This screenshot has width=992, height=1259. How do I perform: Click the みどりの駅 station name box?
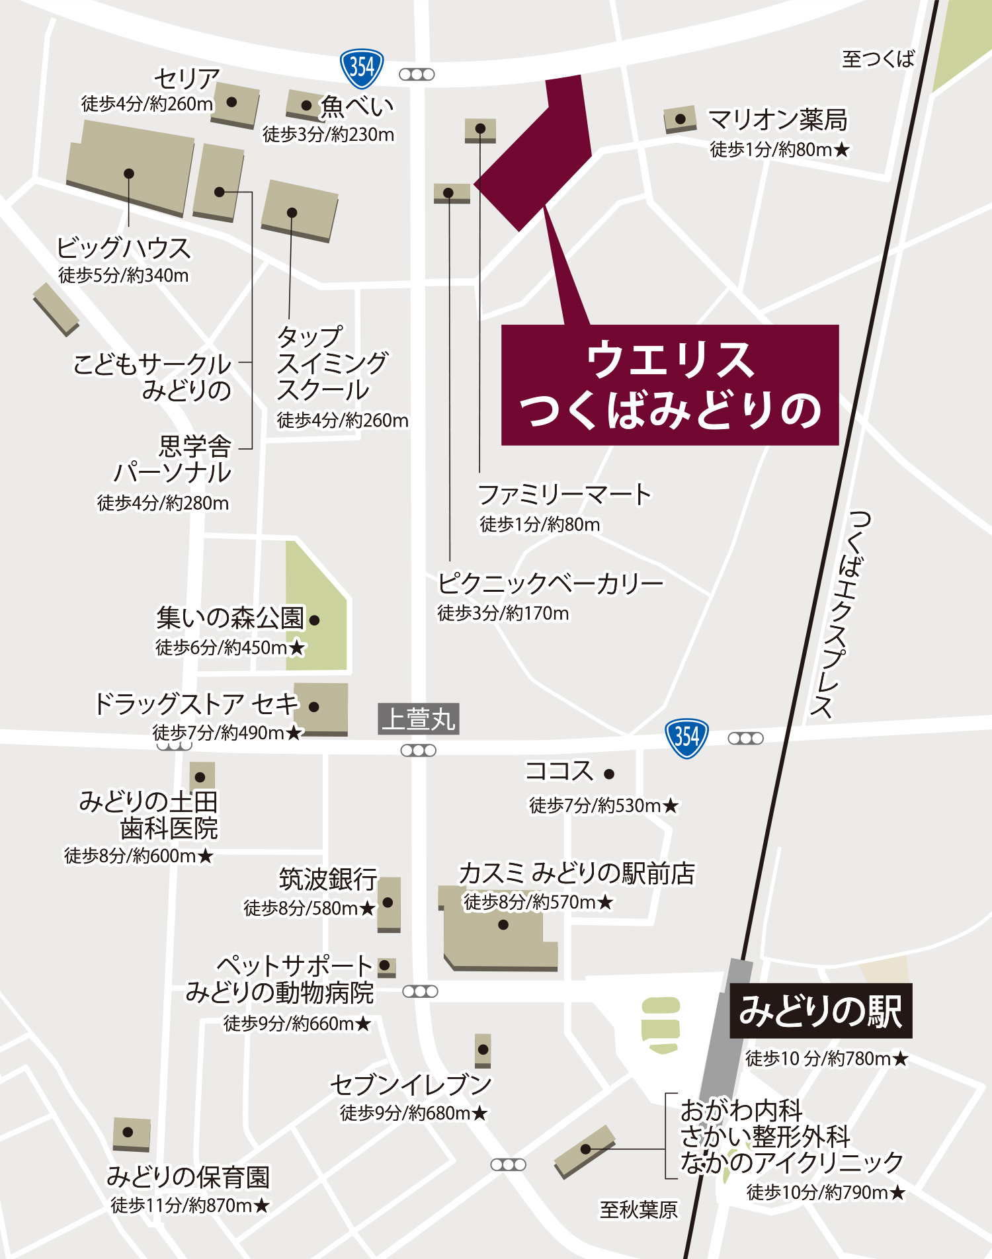[821, 1011]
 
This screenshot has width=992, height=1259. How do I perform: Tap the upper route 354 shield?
[361, 67]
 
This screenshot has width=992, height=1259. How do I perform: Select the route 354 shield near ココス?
[686, 737]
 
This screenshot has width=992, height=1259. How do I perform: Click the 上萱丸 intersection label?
[419, 719]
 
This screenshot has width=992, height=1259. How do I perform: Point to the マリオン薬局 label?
[777, 120]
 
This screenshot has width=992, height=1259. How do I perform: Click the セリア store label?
[186, 79]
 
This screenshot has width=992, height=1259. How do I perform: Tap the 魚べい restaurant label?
[357, 106]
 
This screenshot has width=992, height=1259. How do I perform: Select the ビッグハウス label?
[124, 248]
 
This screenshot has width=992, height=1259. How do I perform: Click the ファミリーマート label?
[564, 494]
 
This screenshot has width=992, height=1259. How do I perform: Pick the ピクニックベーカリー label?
[550, 583]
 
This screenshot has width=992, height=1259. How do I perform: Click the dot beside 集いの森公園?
[315, 620]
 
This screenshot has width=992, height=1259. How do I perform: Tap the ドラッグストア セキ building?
[321, 708]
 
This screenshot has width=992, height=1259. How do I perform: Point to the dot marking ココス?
[609, 774]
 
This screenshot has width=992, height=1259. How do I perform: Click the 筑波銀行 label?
[327, 879]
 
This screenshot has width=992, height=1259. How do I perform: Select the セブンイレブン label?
[411, 1084]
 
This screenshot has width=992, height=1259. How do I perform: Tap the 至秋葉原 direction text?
[638, 1209]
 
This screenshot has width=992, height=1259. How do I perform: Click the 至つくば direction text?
[878, 59]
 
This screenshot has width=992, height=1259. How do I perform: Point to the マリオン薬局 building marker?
[680, 120]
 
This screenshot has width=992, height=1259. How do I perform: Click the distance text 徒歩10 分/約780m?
[827, 1059]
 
